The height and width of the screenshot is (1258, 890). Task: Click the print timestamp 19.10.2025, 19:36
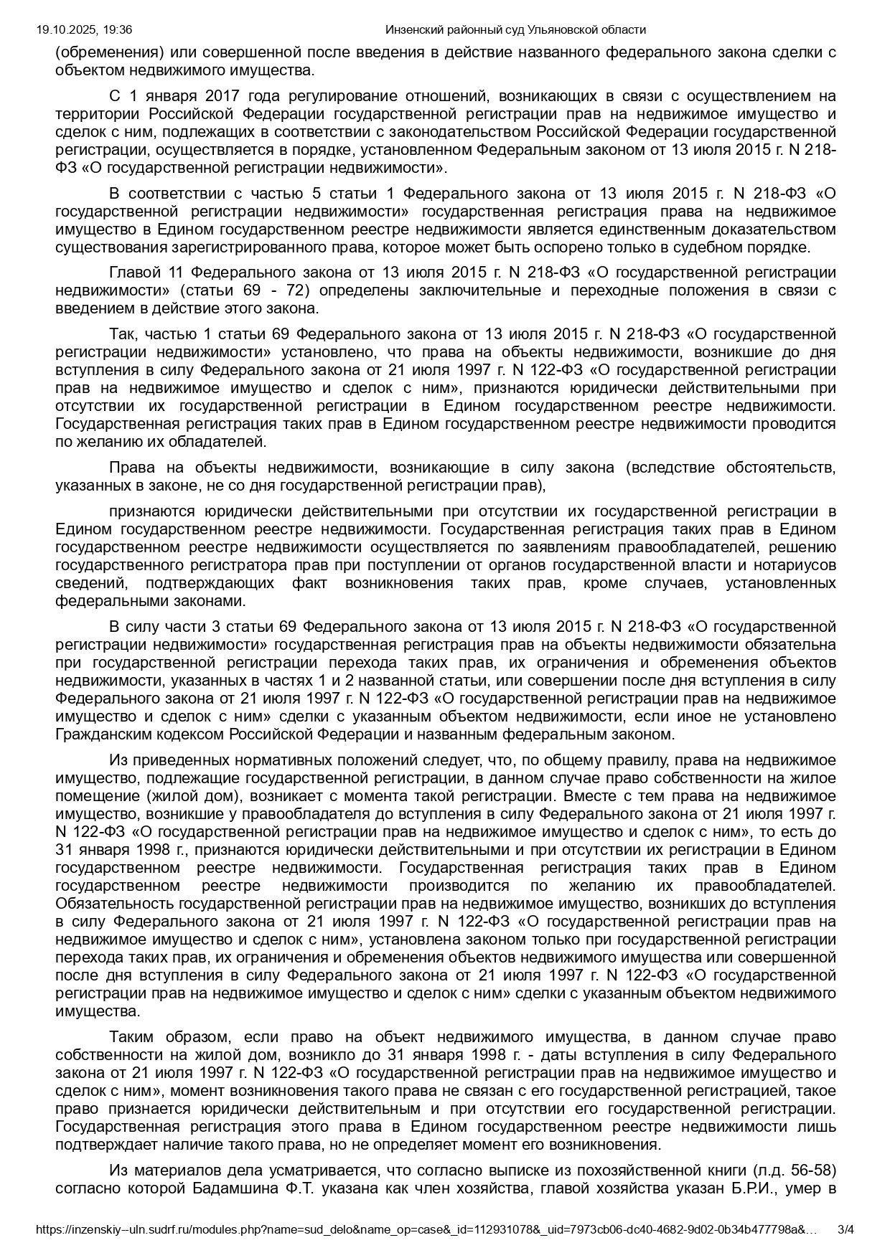pos(84,29)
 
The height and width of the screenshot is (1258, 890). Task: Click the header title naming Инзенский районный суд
pos(515,29)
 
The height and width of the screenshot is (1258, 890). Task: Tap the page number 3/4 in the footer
pos(846,1229)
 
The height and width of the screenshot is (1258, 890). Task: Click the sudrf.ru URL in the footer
pos(426,1229)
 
